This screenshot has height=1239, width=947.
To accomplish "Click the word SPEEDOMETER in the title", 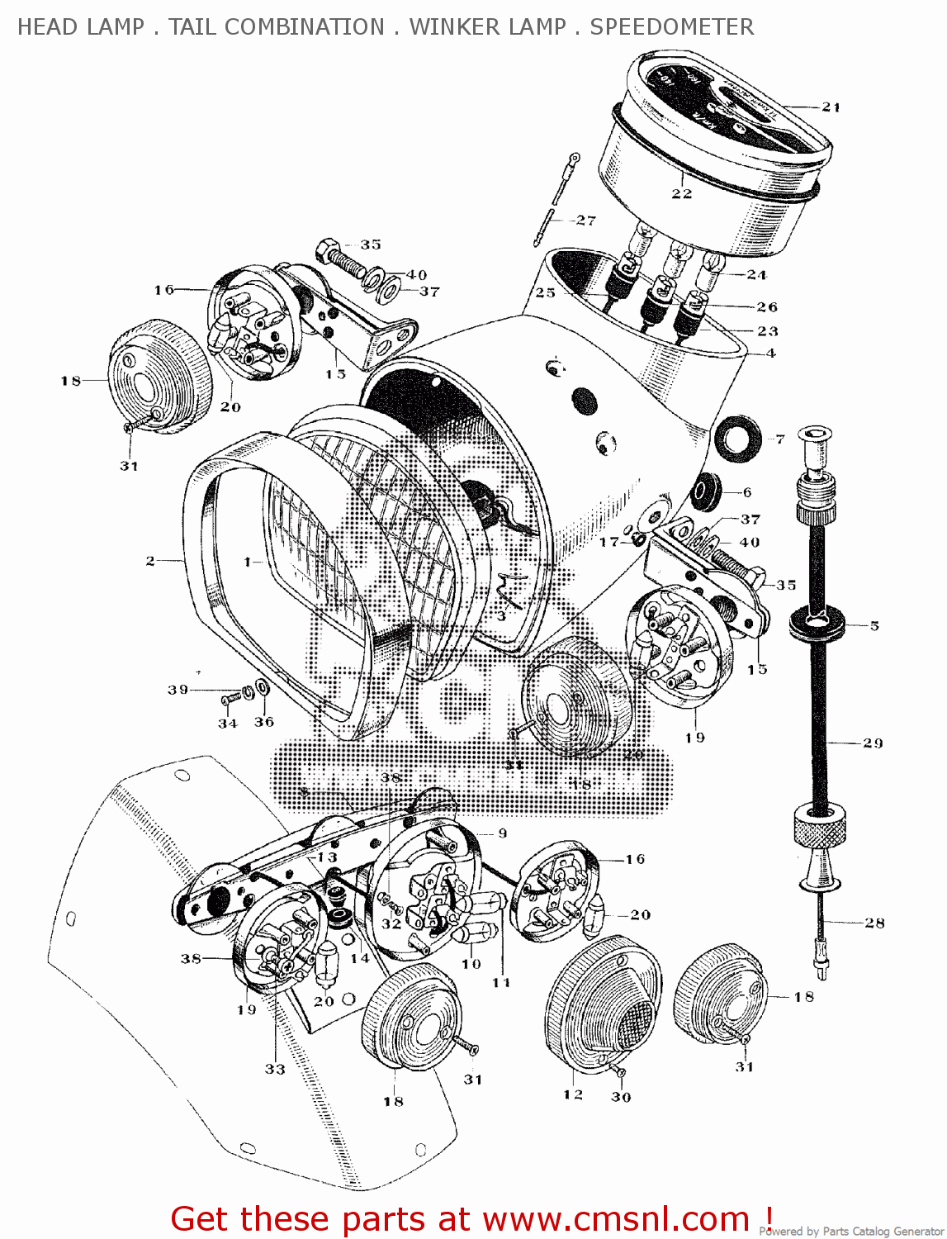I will click(x=671, y=27).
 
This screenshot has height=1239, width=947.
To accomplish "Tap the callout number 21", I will click(x=831, y=107).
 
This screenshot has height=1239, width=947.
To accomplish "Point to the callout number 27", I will click(x=585, y=220).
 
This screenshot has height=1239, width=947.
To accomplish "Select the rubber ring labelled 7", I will click(x=734, y=437).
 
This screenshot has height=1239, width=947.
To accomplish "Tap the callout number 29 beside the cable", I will click(x=873, y=743).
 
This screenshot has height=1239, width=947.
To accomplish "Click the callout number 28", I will click(x=874, y=923).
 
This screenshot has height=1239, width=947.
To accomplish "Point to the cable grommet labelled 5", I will click(x=817, y=624).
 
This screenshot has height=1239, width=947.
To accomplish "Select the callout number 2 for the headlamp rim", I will click(x=150, y=561).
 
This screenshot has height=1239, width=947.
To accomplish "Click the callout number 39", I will click(x=178, y=689).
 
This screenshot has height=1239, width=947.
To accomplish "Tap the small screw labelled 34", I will click(x=230, y=700).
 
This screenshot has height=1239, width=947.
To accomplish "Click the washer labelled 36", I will click(x=262, y=686).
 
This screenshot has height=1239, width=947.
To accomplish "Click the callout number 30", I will click(x=621, y=1097).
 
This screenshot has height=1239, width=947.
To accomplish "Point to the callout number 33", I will click(x=275, y=1069).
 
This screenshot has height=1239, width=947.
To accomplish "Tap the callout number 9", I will click(x=502, y=833).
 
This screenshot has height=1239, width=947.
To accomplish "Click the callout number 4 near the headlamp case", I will click(x=770, y=353).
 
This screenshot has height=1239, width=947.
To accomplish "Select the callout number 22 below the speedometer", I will click(x=681, y=193).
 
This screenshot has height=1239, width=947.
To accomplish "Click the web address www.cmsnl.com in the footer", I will click(x=615, y=1219).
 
